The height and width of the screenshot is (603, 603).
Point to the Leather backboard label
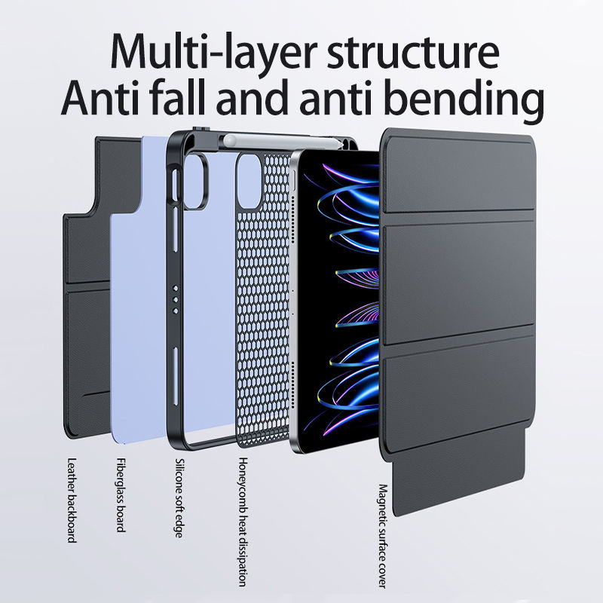coord(72,500)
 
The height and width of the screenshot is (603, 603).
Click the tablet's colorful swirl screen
coord(339,301)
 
